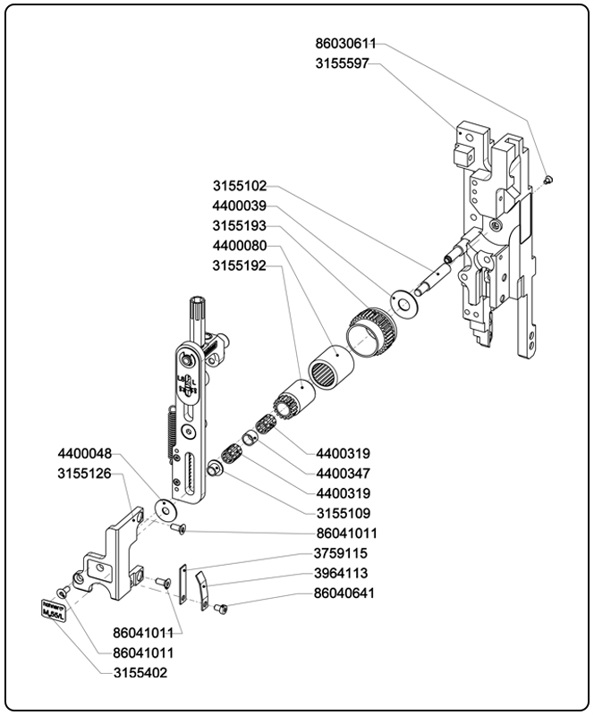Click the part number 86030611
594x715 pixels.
(x=345, y=42)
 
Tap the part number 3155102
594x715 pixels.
(x=240, y=187)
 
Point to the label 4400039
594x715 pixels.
(x=240, y=206)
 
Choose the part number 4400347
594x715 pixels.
(x=344, y=473)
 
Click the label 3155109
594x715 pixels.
(x=344, y=513)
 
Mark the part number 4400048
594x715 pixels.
(x=86, y=454)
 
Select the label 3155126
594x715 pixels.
(x=86, y=474)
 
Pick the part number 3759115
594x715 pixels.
(x=341, y=553)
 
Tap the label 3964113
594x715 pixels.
(x=341, y=573)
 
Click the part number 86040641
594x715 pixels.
(x=344, y=593)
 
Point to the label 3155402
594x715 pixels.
(x=140, y=672)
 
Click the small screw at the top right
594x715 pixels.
(x=549, y=180)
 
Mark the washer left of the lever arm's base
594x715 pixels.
(x=164, y=509)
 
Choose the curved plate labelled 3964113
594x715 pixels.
(x=203, y=587)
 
